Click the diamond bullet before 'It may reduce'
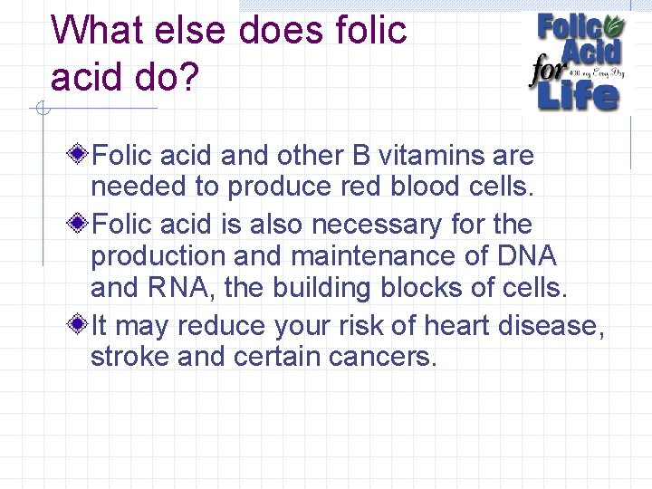(x=79, y=324)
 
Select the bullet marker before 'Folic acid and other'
(x=79, y=155)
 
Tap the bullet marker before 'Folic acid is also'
(x=79, y=223)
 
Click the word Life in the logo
(x=580, y=93)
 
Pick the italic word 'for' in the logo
(x=548, y=70)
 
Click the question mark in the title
(x=188, y=78)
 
